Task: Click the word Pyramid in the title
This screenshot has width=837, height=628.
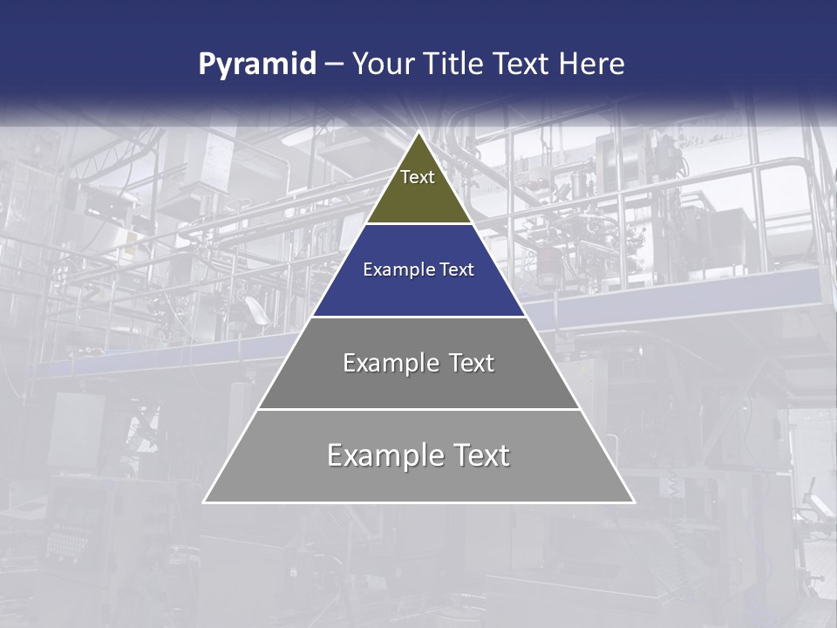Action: coord(257,65)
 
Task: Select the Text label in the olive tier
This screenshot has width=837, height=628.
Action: coord(418,178)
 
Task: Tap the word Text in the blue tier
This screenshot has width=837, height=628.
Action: coord(455,270)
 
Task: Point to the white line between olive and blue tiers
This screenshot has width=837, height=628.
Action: coord(418,224)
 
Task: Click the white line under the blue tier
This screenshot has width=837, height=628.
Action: coord(418,317)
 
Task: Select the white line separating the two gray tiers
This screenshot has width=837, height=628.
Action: coord(418,409)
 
